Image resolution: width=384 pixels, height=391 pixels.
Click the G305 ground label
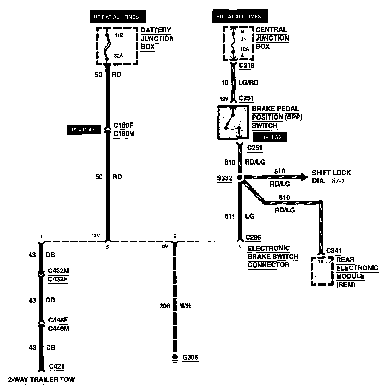(x=190, y=357)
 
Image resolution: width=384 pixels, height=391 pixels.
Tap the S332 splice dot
(x=240, y=178)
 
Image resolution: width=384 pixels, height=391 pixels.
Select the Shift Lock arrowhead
(x=304, y=177)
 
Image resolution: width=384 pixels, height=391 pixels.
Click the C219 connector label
(x=247, y=65)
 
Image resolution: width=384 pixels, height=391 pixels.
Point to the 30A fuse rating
(x=119, y=55)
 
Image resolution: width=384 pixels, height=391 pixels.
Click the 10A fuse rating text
(x=244, y=49)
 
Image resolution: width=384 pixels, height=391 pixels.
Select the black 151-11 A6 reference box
(x=270, y=137)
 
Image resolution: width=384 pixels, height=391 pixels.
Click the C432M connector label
(x=59, y=271)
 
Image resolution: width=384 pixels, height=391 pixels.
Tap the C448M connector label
(x=59, y=328)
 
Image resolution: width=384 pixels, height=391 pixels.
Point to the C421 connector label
(x=56, y=367)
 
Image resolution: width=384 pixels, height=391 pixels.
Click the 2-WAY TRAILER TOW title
(x=42, y=380)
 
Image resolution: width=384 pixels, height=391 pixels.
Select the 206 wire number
(x=165, y=306)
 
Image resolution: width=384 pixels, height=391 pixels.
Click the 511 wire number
(x=230, y=216)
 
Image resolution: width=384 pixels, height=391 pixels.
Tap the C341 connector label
(x=334, y=251)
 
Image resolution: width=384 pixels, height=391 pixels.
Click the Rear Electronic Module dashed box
(x=322, y=271)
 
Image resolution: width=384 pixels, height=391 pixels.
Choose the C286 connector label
(x=253, y=238)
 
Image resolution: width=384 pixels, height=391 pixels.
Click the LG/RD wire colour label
(x=248, y=83)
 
